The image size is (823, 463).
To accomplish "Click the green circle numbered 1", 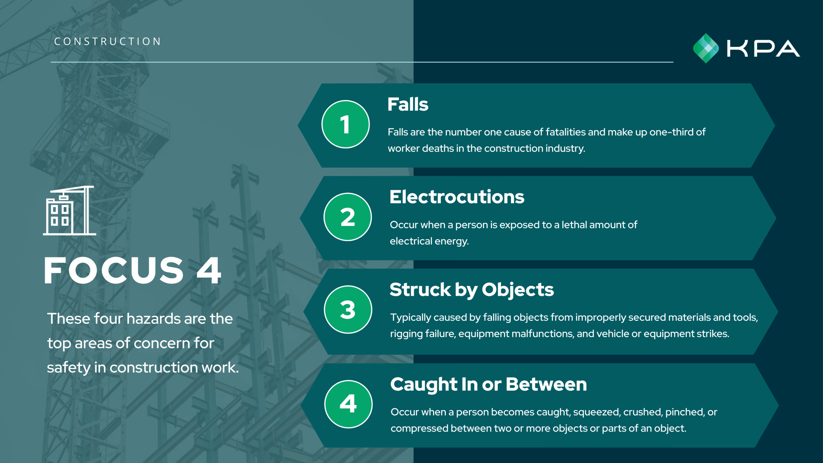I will (345, 124).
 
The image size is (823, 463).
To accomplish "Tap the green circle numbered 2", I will (348, 217).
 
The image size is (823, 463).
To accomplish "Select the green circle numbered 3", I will (348, 309).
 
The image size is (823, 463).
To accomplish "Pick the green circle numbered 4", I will (348, 404).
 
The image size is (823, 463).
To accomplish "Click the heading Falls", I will (408, 104).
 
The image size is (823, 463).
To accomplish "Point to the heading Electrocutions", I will (457, 197).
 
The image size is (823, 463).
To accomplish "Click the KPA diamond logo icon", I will (706, 48).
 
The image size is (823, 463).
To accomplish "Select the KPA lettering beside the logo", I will (764, 49).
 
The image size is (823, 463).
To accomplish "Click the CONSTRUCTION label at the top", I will (107, 41).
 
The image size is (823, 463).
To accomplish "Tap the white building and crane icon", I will (69, 211).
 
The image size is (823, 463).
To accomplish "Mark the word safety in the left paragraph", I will (68, 368).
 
